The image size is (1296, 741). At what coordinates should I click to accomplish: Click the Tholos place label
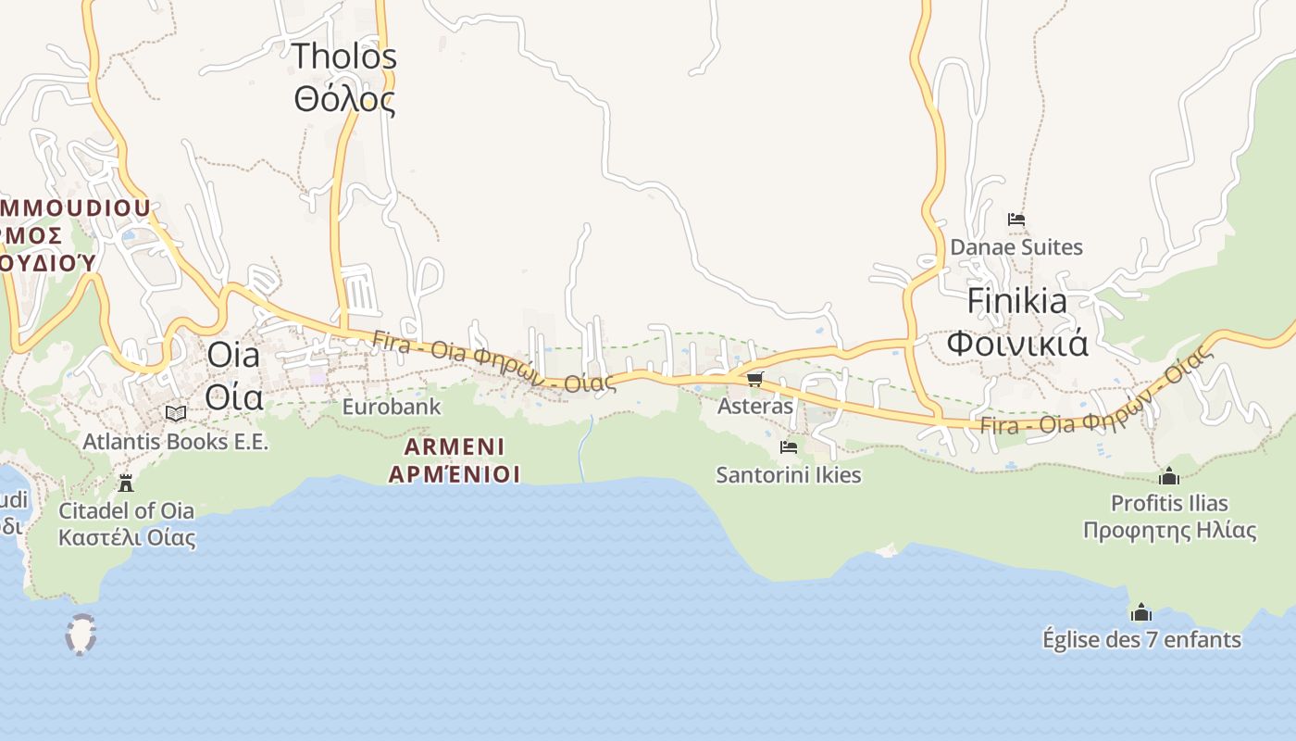point(344,57)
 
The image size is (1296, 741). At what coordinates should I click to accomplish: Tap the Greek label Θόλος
point(344,97)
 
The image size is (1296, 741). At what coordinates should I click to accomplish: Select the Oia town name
point(233,354)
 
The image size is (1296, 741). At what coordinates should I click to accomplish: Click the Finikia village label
point(1016,301)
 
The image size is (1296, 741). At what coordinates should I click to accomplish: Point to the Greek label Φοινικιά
point(1016,343)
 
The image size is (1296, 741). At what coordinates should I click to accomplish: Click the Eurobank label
point(392,407)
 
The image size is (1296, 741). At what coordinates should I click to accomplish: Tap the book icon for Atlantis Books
point(175,413)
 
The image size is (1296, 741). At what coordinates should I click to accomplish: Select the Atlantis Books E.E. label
point(175,441)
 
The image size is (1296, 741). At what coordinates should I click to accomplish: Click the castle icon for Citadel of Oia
point(126,483)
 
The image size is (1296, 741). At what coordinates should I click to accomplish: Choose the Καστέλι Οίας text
point(127,537)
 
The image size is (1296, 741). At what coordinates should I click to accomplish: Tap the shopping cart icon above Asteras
point(754,379)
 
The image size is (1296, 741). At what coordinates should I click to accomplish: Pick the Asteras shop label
point(755,406)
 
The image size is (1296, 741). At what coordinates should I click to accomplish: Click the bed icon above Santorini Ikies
point(788,446)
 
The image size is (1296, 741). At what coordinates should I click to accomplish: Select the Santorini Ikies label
point(788,475)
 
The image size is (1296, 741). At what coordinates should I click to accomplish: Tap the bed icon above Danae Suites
point(1016,220)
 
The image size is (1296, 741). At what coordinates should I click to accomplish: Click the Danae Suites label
point(1016,247)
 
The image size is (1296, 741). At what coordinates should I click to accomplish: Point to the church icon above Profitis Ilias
point(1169,476)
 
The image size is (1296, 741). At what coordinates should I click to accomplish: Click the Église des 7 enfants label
point(1141,639)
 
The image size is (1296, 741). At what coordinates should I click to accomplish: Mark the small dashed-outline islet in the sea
point(81,634)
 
